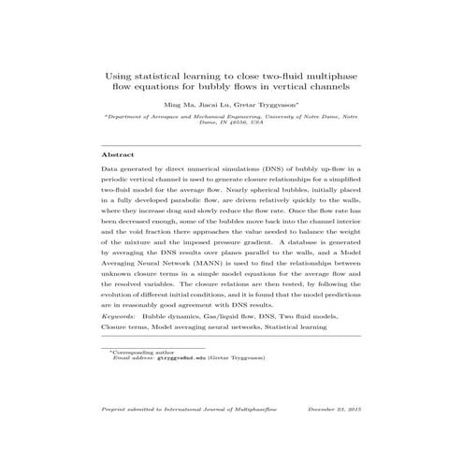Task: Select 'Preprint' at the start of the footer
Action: click(x=115, y=410)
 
